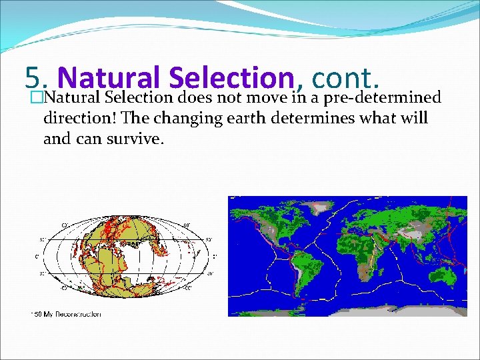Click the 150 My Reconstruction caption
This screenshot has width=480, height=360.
point(67,314)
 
